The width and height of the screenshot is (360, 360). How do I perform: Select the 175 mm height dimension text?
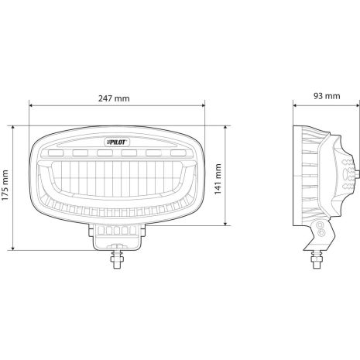[7, 187]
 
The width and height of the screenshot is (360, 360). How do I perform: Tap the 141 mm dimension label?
[218, 177]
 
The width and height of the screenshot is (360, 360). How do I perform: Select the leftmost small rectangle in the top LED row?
[57, 153]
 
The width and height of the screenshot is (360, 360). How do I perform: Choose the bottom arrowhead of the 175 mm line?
[15, 249]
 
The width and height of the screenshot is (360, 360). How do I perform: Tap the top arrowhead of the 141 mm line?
[227, 125]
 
